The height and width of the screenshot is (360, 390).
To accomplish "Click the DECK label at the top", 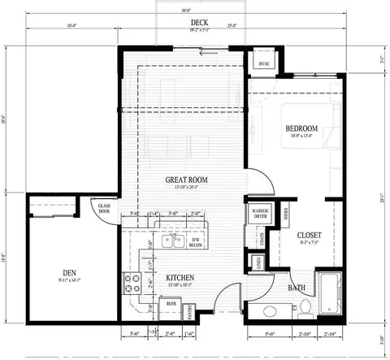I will [196, 22].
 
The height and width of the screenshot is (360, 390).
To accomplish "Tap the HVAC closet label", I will [263, 63].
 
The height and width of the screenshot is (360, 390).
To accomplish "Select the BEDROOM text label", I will [301, 128].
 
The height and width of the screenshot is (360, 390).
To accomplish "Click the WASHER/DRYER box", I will [260, 214].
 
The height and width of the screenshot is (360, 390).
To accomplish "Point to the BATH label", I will [298, 287].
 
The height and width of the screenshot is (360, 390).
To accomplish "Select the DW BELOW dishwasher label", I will [195, 241].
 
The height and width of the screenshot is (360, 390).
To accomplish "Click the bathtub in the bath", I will [329, 294].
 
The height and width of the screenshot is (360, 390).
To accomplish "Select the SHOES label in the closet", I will [286, 215].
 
